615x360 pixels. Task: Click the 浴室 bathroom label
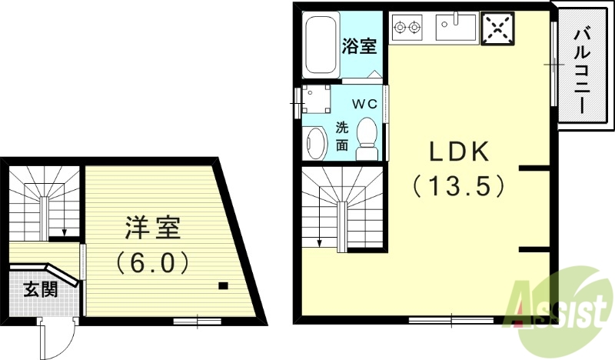[359, 46]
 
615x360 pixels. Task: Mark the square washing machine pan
[316, 99]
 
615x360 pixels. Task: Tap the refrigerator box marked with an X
[497, 28]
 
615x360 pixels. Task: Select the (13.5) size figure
[459, 185]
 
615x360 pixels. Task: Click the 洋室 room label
[153, 228]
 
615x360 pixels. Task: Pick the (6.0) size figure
[153, 263]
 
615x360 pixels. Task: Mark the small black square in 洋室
[222, 287]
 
